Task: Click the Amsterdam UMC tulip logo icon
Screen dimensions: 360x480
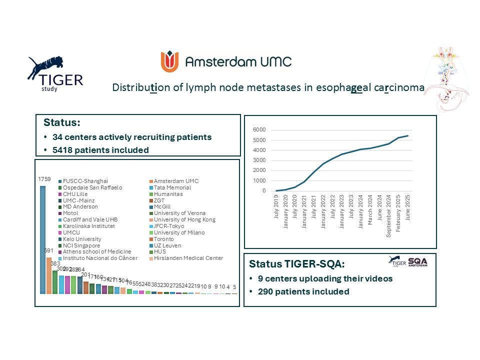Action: coord(169,61)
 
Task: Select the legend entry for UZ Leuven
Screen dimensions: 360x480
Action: coord(169,245)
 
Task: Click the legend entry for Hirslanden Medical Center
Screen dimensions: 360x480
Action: coord(188,258)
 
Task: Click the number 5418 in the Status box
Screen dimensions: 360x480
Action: coord(66,149)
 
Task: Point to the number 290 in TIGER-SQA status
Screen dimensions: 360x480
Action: coord(266,291)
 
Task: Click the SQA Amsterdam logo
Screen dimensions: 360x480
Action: coord(417,261)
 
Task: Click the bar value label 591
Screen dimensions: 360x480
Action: coord(49,251)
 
